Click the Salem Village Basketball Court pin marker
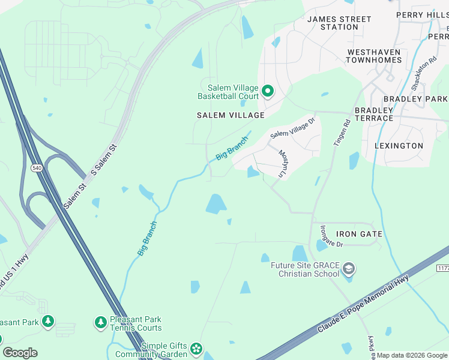(268, 92)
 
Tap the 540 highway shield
(37, 169)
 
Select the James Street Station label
(339, 23)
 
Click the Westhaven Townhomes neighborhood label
(373, 56)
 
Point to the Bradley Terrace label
(374, 114)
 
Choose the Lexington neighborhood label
(399, 146)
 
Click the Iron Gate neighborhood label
(359, 234)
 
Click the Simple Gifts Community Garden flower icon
(196, 349)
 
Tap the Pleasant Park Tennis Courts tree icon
(101, 323)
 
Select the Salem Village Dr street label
(292, 127)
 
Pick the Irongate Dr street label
(331, 236)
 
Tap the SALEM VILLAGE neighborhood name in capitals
(231, 115)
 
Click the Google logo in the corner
(20, 353)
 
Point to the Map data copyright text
(412, 355)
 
